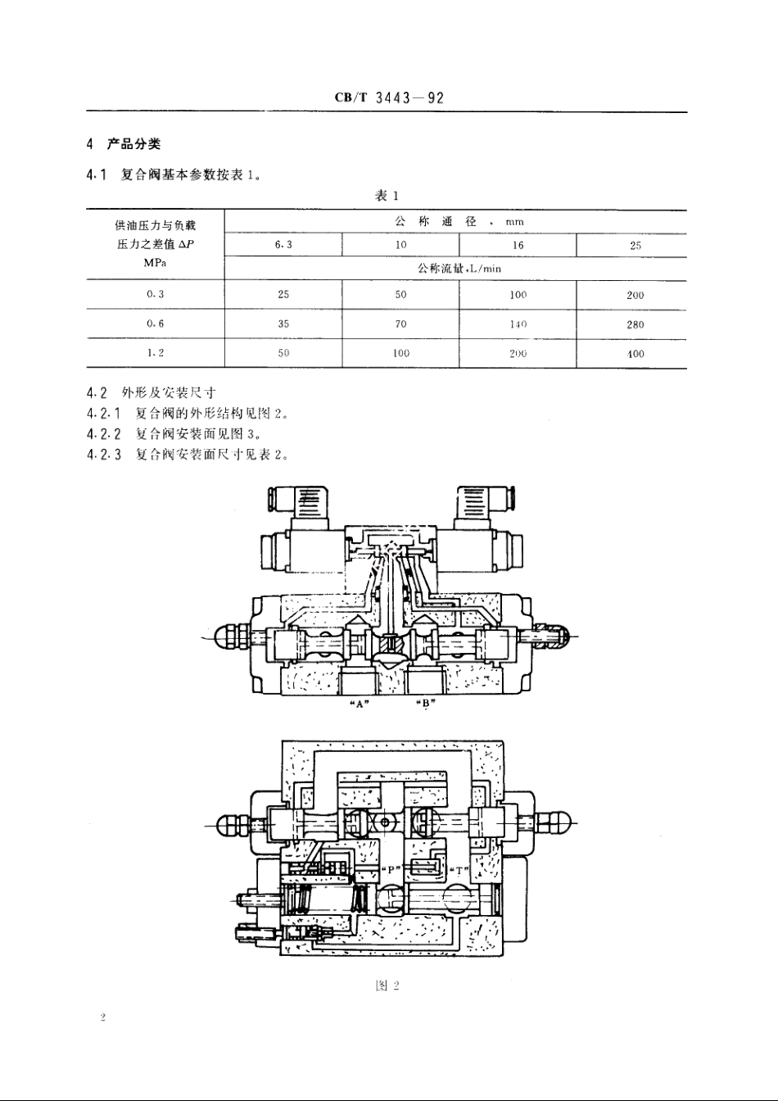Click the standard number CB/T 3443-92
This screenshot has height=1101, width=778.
(389, 97)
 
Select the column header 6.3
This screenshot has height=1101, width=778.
(283, 245)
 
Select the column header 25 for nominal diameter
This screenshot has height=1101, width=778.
(636, 245)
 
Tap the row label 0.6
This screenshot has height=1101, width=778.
(156, 324)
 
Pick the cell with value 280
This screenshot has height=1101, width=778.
(636, 324)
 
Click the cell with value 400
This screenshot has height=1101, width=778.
(636, 354)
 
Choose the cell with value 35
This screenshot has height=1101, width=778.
(283, 324)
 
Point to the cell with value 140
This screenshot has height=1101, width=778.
(518, 324)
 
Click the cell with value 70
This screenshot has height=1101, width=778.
(400, 324)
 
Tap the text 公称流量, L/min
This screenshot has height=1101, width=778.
(459, 268)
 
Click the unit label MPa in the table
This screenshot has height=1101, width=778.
(156, 263)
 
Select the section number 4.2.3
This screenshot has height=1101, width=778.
(104, 455)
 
